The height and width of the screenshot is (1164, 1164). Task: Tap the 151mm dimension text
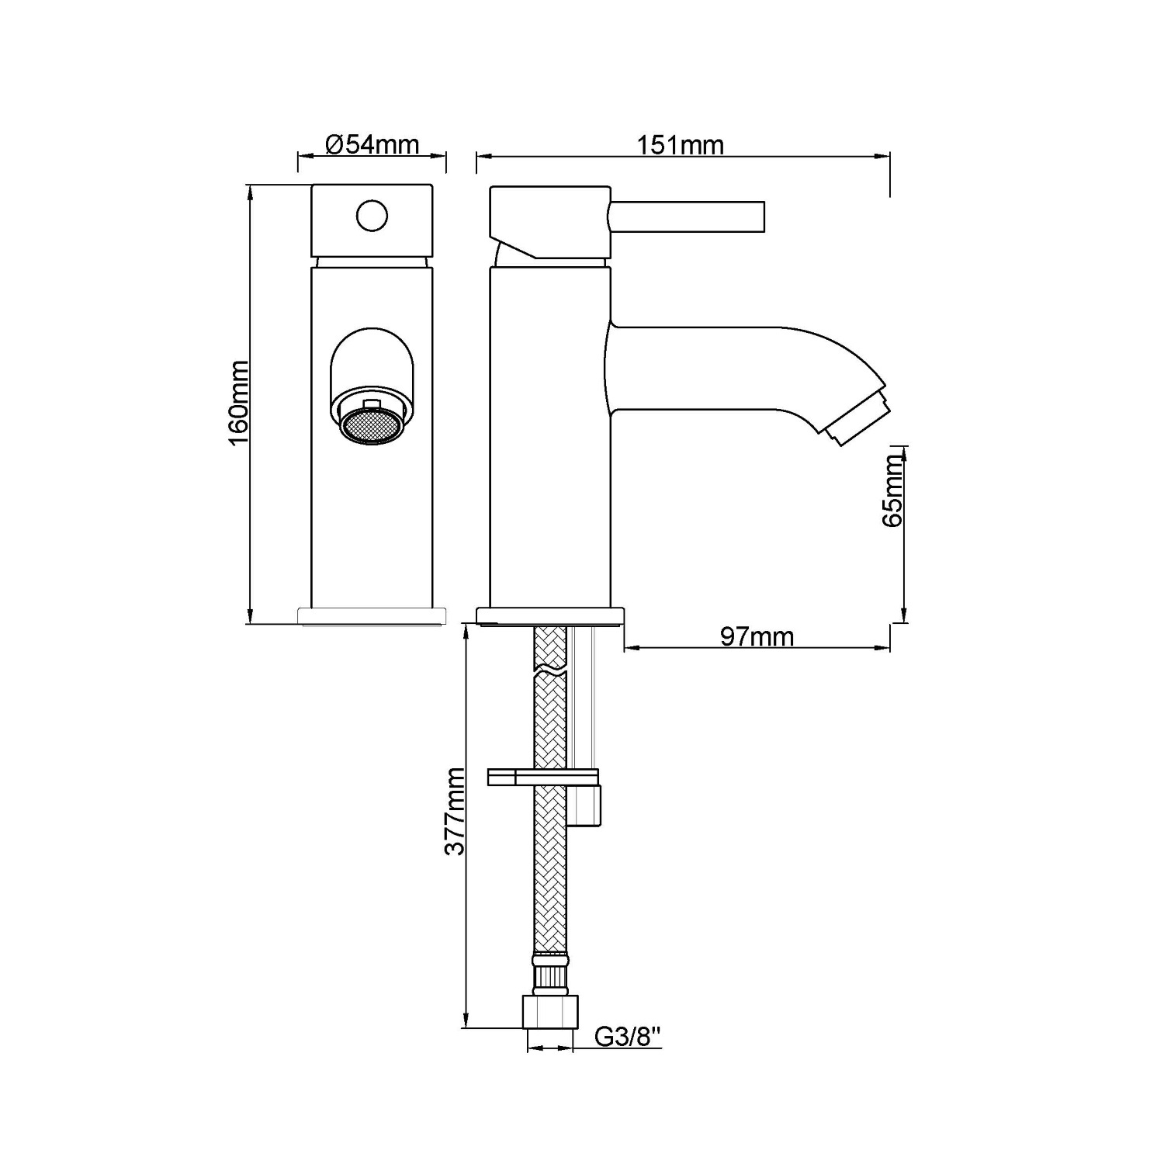[681, 145]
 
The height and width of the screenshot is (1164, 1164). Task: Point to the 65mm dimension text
[893, 491]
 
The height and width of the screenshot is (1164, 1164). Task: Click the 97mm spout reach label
[757, 636]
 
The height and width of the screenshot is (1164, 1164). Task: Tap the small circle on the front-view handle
[372, 216]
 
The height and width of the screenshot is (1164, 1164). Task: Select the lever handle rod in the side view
[688, 217]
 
